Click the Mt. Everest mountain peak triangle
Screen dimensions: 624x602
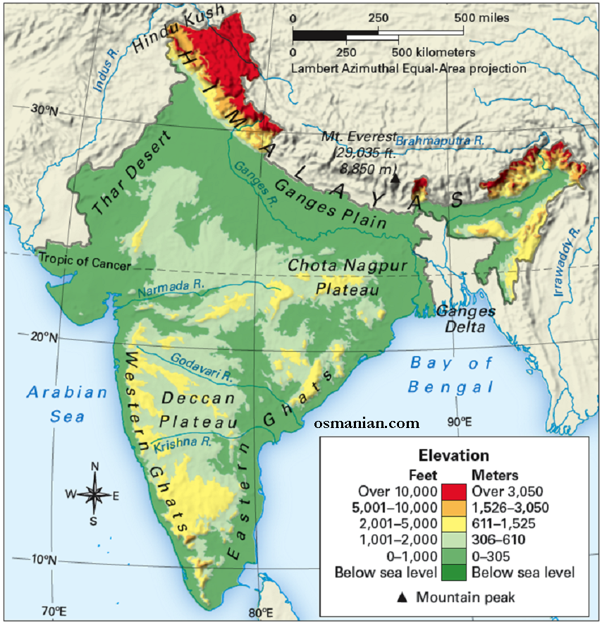point(395,179)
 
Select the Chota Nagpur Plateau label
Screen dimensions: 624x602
point(348,277)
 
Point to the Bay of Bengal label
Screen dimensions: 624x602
point(452,375)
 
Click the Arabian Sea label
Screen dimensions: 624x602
point(67,404)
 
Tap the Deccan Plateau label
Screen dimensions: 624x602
point(198,410)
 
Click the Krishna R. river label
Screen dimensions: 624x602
point(183,443)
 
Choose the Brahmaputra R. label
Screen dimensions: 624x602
point(441,141)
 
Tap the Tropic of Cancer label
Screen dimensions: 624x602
point(85,265)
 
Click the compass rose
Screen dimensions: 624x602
point(94,494)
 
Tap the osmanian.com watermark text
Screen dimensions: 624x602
point(367,424)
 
